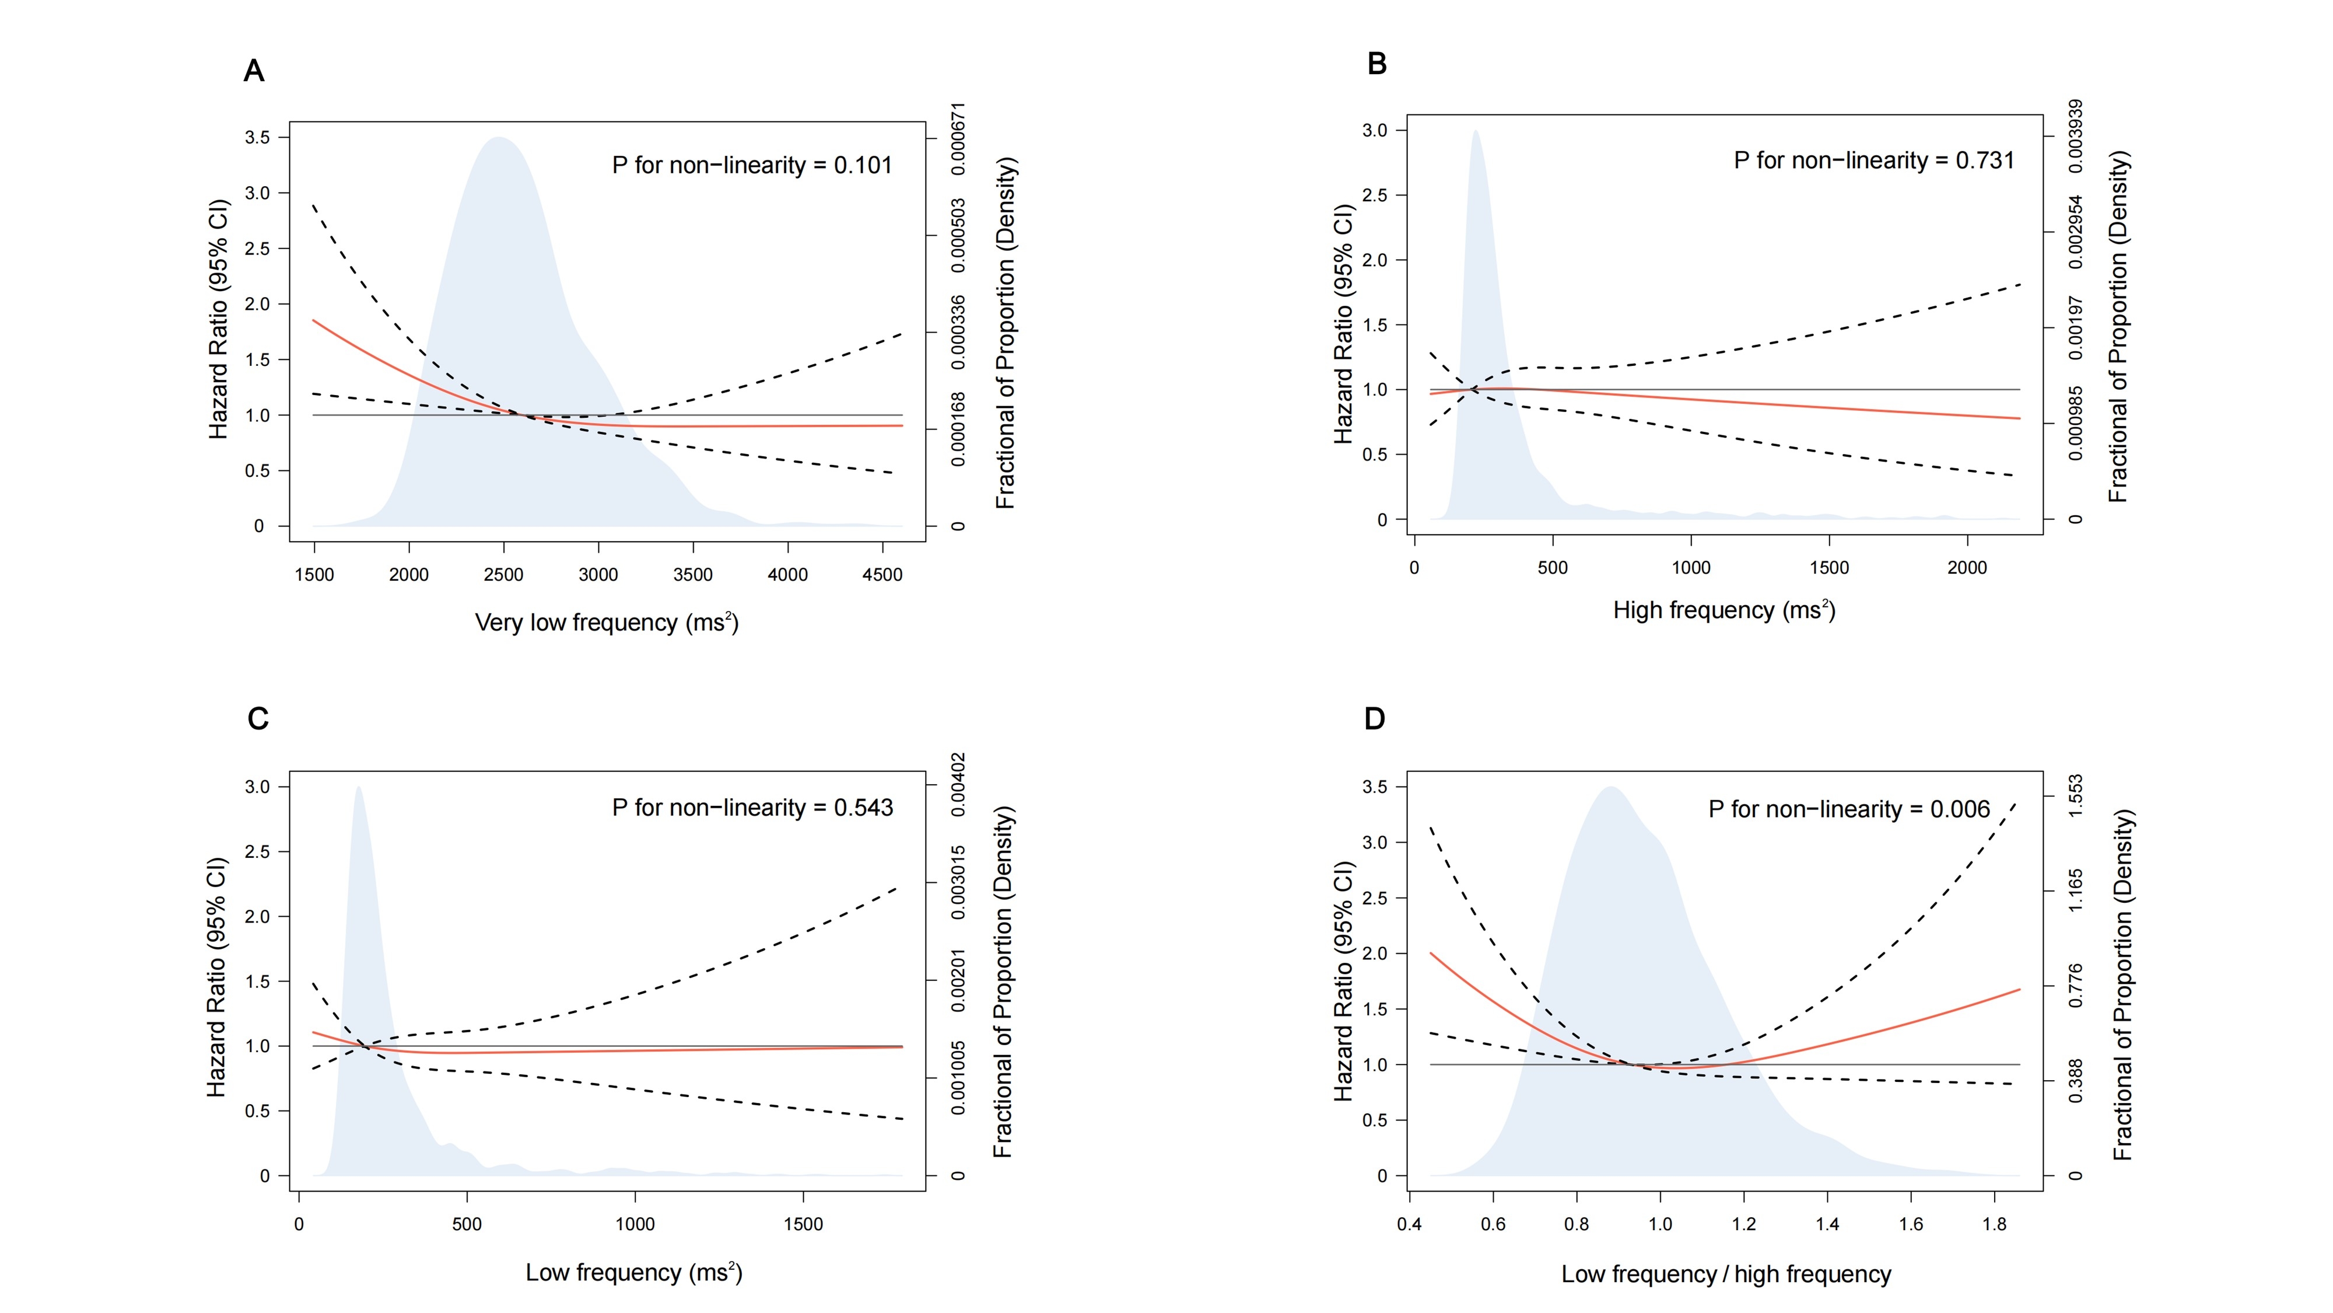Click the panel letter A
[254, 71]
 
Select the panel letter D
[1374, 718]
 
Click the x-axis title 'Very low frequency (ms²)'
[607, 623]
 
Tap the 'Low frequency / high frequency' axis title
[1725, 1274]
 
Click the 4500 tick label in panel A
[882, 574]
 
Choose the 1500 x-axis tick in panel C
[803, 1224]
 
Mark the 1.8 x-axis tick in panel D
[1994, 1224]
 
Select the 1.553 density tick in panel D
[2076, 795]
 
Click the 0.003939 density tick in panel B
[2076, 136]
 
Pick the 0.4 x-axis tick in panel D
[1409, 1224]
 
